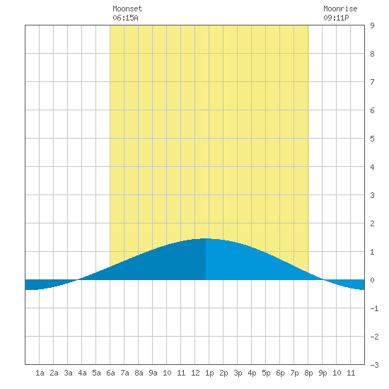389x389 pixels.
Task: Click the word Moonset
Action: click(127, 8)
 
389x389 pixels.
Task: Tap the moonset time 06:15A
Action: click(125, 18)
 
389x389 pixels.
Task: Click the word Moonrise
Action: click(340, 8)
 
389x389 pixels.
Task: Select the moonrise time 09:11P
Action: click(336, 18)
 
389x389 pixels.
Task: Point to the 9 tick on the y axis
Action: click(372, 25)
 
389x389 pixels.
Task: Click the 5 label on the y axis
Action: click(372, 139)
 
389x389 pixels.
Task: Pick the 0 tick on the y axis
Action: click(372, 280)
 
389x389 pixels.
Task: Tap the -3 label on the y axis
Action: click(374, 365)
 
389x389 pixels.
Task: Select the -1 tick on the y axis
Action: click(374, 308)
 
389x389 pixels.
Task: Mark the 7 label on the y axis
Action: click(372, 82)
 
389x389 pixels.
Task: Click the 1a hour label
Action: click(40, 373)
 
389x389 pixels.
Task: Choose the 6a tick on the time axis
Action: click(110, 373)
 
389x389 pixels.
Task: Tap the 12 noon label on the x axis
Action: click(195, 373)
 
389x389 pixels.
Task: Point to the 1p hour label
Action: click(209, 373)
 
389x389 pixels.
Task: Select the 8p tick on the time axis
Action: click(308, 373)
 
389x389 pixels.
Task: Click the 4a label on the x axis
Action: click(82, 373)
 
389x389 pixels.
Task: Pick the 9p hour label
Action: click(323, 373)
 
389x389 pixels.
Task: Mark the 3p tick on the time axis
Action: click(238, 373)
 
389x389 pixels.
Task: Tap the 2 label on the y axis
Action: click(372, 223)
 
